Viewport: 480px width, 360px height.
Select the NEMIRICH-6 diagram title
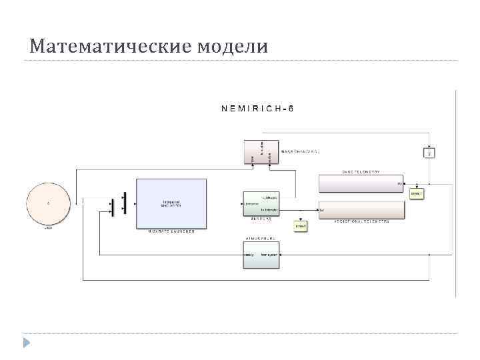click(x=257, y=107)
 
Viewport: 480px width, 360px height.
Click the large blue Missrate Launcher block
click(x=171, y=203)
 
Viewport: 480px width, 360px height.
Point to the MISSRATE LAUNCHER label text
click(x=171, y=231)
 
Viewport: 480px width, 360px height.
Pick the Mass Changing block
click(x=261, y=152)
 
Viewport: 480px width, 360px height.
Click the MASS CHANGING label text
click(x=299, y=151)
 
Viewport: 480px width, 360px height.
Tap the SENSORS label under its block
click(x=261, y=218)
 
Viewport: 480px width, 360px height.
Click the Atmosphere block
click(x=261, y=254)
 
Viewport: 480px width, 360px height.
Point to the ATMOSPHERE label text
click(x=261, y=237)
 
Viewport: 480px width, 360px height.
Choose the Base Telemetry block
click(x=361, y=183)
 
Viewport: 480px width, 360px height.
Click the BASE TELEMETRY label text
click(x=361, y=171)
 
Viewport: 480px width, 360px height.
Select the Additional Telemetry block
click(x=361, y=210)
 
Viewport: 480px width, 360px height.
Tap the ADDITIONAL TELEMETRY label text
click(x=361, y=221)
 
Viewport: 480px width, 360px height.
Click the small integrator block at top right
click(x=429, y=153)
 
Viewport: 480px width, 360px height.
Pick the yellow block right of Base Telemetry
click(x=416, y=194)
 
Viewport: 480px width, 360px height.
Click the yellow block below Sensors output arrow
click(x=301, y=227)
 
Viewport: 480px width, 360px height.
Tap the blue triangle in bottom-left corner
click(x=27, y=343)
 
